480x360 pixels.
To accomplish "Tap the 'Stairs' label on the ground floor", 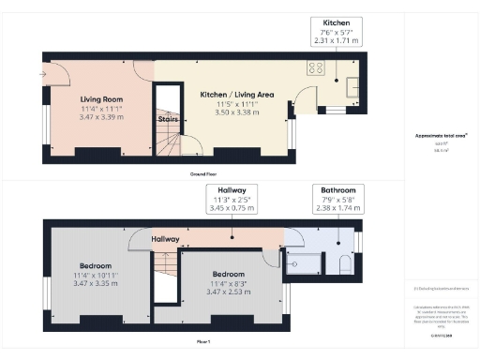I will [168, 119].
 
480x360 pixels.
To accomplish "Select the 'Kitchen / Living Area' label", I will [236, 94].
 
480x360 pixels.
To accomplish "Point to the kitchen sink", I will [353, 88].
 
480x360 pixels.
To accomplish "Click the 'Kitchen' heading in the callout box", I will [337, 22].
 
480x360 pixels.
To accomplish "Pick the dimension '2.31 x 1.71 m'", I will [337, 42].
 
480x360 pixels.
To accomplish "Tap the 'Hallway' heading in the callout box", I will [233, 189].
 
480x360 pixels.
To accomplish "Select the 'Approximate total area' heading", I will [441, 135].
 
